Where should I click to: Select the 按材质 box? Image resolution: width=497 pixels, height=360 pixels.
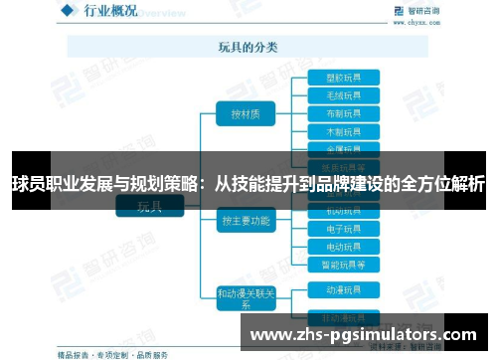pos(245,114)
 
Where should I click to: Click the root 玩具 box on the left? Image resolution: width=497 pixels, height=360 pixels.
pos(149,207)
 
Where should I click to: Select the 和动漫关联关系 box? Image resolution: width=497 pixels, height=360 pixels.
pos(245,298)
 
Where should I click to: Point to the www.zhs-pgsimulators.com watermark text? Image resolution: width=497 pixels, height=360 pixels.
pos(362,335)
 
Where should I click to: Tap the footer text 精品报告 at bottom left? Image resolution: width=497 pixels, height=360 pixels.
pos(76,353)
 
